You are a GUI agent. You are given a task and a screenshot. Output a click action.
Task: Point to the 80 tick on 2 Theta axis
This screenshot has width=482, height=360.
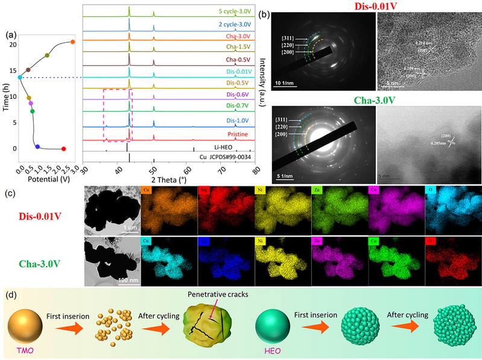(x=257, y=170)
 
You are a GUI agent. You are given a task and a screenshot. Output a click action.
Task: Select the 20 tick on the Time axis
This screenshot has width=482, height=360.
(x=12, y=44)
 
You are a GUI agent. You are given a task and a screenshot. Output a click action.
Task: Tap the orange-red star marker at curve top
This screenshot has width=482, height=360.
(x=72, y=42)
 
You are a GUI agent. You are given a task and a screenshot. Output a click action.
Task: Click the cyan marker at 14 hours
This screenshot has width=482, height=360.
(x=20, y=77)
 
